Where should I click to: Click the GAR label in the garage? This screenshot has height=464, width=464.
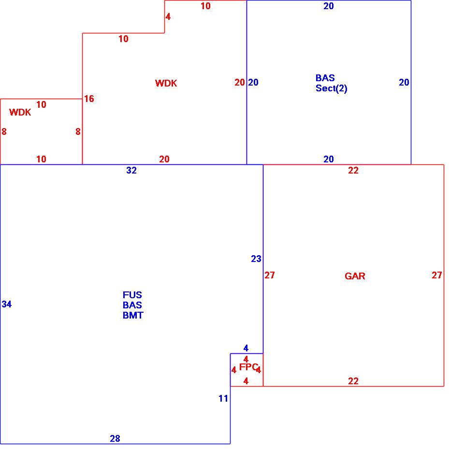pyautogui.click(x=355, y=276)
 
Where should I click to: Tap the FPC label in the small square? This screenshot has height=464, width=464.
pyautogui.click(x=248, y=367)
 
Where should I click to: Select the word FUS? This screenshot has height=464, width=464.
pyautogui.click(x=132, y=295)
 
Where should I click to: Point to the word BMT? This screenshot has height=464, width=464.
pyautogui.click(x=133, y=315)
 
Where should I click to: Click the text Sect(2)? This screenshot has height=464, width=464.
pyautogui.click(x=331, y=88)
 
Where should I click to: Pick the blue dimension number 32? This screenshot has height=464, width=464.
pyautogui.click(x=131, y=170)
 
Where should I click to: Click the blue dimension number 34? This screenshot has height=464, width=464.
pyautogui.click(x=7, y=304)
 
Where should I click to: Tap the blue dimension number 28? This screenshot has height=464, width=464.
pyautogui.click(x=115, y=438)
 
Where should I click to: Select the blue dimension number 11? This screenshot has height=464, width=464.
pyautogui.click(x=223, y=399)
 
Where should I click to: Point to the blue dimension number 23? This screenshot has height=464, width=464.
pyautogui.click(x=256, y=259)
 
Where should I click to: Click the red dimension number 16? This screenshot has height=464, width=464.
pyautogui.click(x=89, y=99)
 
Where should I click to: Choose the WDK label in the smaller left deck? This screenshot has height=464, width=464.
pyautogui.click(x=20, y=113)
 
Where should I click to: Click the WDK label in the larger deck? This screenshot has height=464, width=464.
pyautogui.click(x=166, y=83)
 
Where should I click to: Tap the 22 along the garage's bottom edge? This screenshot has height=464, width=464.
pyautogui.click(x=353, y=381)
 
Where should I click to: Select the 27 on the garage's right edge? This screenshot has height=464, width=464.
pyautogui.click(x=437, y=275)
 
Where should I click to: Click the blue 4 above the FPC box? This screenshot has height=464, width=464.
pyautogui.click(x=246, y=348)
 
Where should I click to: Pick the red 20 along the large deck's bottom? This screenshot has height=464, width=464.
pyautogui.click(x=164, y=159)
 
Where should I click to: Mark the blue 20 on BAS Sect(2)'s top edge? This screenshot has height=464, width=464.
pyautogui.click(x=329, y=6)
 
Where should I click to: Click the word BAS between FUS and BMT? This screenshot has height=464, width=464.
pyautogui.click(x=132, y=305)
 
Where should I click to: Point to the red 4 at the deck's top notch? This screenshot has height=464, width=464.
pyautogui.click(x=168, y=17)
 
